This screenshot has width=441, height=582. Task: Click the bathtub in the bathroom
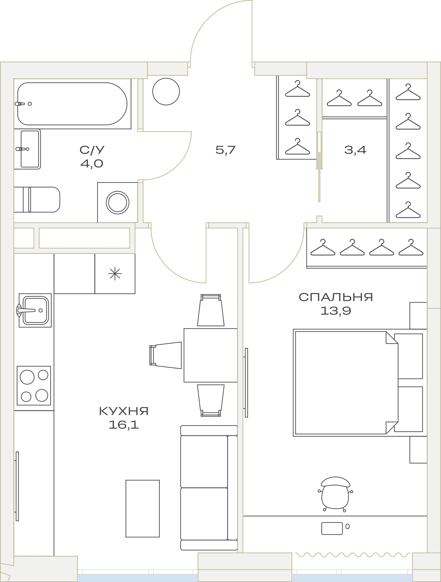[73, 104]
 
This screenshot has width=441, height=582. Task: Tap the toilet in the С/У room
[37, 199]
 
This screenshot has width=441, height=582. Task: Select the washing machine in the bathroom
[117, 202]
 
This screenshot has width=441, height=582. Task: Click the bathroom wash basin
[27, 149]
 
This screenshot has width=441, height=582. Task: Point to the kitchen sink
[35, 310]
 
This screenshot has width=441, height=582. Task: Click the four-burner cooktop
[34, 385]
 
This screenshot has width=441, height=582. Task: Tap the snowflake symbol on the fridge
[115, 273]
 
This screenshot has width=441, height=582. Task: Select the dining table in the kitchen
[211, 355]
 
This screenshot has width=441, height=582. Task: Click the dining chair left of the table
[165, 355]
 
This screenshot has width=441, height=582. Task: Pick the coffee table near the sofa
[142, 508]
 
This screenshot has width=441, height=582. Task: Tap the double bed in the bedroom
[360, 383]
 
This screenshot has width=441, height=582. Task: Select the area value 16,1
[124, 425]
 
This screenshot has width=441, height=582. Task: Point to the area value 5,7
[225, 150]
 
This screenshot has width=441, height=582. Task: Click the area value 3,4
[355, 150]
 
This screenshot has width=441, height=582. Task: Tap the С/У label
[92, 150]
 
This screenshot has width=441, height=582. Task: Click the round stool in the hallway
[166, 91]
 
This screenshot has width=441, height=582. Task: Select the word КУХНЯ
[124, 411]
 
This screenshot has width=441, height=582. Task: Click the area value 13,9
[336, 311]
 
